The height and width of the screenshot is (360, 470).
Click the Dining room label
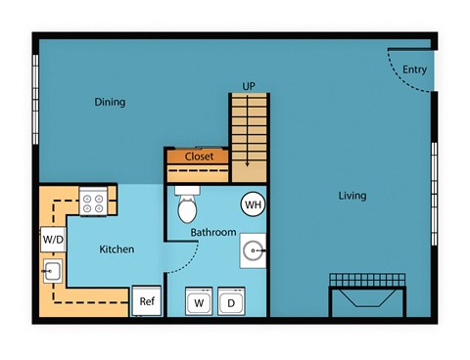pyautogui.click(x=110, y=103)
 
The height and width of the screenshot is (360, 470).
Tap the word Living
pyautogui.click(x=352, y=196)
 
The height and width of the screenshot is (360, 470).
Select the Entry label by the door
pyautogui.click(x=414, y=69)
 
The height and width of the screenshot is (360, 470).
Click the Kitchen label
pyautogui.click(x=117, y=249)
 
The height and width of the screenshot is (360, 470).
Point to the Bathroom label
pyautogui.click(x=212, y=233)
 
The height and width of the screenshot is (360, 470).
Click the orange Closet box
pyautogui.click(x=199, y=156)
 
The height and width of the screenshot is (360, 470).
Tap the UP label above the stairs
pyautogui.click(x=250, y=86)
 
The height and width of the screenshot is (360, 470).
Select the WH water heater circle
pyautogui.click(x=253, y=205)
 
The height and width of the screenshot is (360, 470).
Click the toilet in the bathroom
pyautogui.click(x=186, y=206)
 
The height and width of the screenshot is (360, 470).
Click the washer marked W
pyautogui.click(x=199, y=301)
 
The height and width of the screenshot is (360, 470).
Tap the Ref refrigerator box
pyautogui.click(x=147, y=301)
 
